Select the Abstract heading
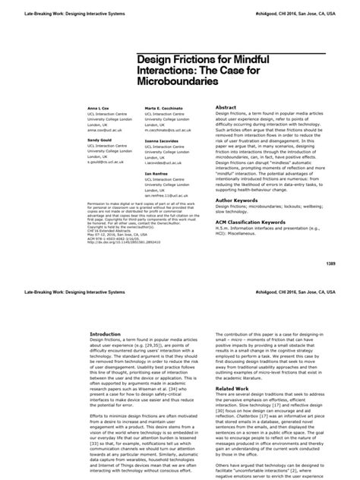pyautogui.click(x=230, y=109)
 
